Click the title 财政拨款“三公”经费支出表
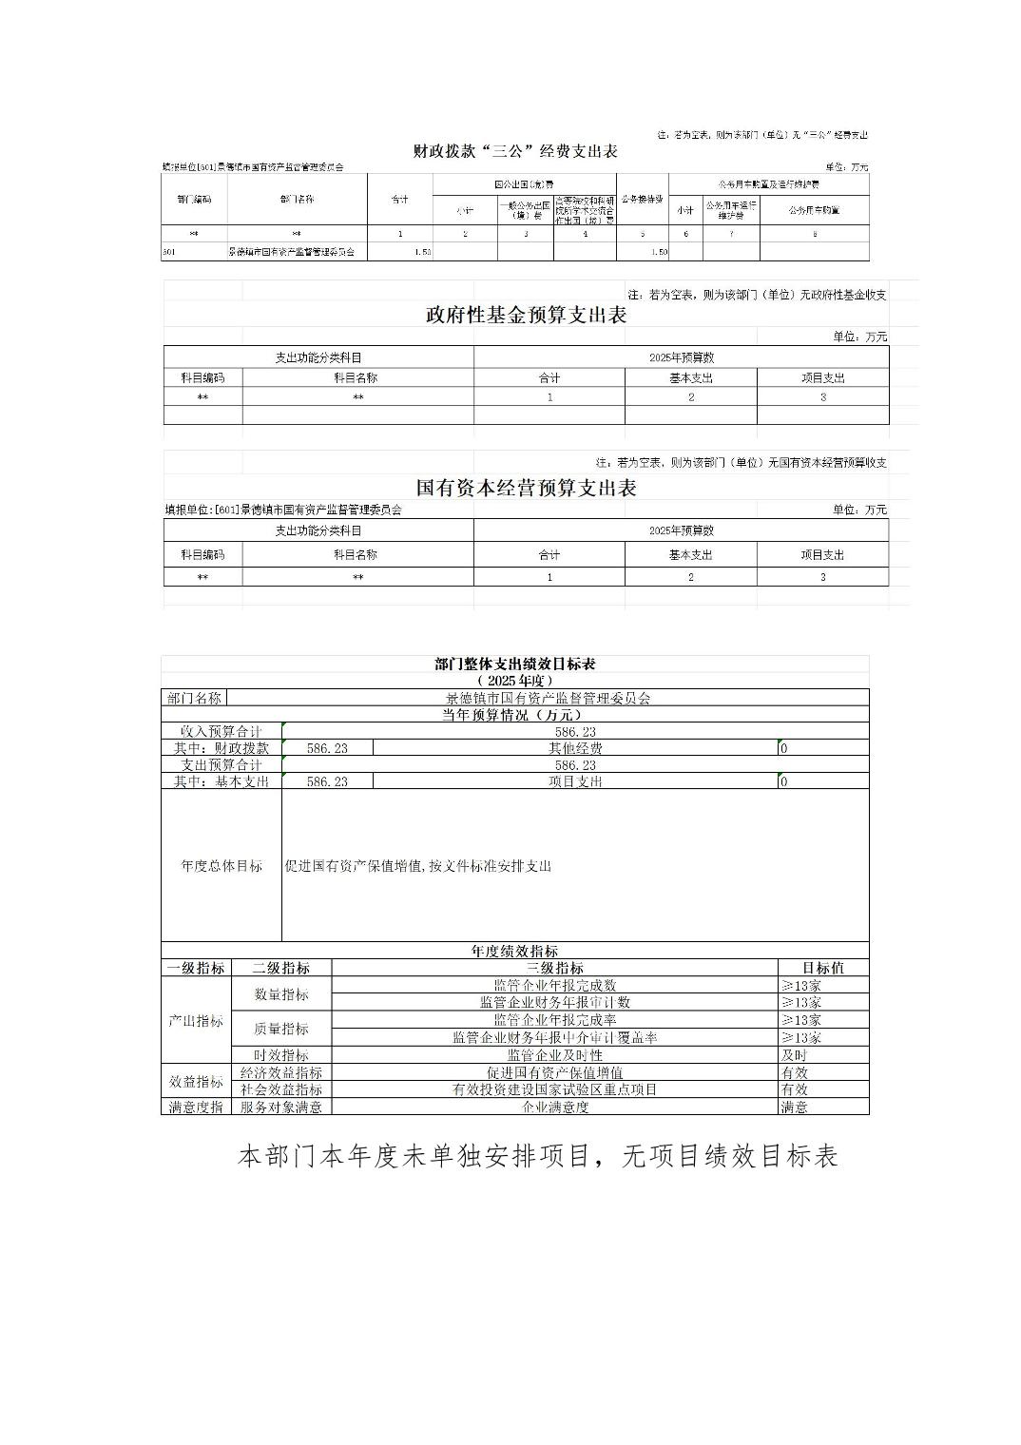point(515,151)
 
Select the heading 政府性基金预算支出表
point(526,316)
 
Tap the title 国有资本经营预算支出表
point(526,489)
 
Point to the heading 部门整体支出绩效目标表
point(514,665)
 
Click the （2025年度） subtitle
point(514,681)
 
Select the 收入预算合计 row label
point(222,731)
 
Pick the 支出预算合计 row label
point(222,764)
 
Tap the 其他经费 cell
point(575,748)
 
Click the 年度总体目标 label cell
point(222,866)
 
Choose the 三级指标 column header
point(554,968)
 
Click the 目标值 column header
point(822,968)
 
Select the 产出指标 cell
point(196,1020)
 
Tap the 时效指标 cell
point(280,1055)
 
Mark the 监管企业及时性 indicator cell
point(554,1055)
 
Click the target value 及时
point(795,1055)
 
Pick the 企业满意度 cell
point(554,1107)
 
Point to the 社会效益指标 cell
point(280,1089)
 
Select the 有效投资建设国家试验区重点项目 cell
point(554,1089)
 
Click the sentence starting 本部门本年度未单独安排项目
point(537,1156)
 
